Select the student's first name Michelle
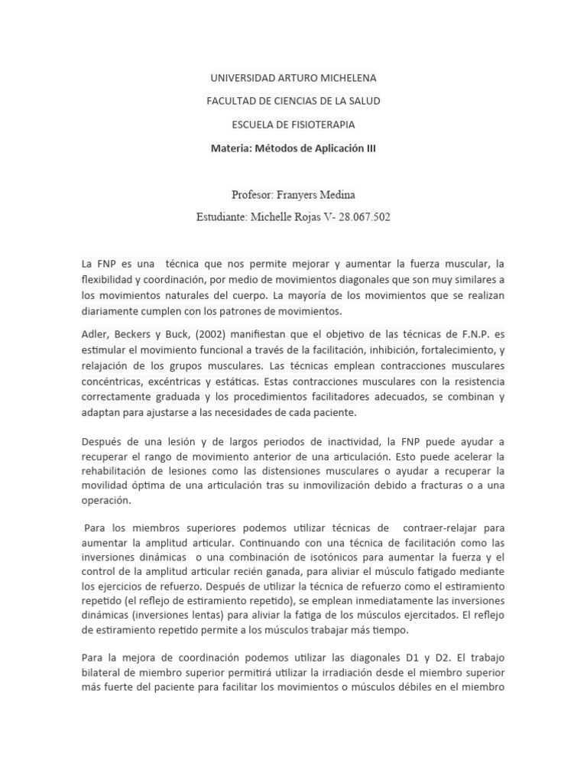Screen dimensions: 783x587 coord(273,217)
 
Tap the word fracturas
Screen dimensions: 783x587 coord(447,485)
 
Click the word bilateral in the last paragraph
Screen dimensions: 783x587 coord(104,672)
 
